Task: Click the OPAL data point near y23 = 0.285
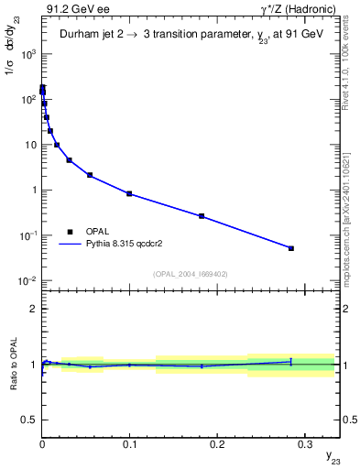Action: (291, 248)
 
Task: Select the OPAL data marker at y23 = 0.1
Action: (129, 193)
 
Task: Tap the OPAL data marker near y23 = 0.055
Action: (90, 175)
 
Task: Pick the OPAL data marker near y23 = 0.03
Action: (69, 160)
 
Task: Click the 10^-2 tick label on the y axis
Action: (27, 281)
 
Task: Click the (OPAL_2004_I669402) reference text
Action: (191, 273)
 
